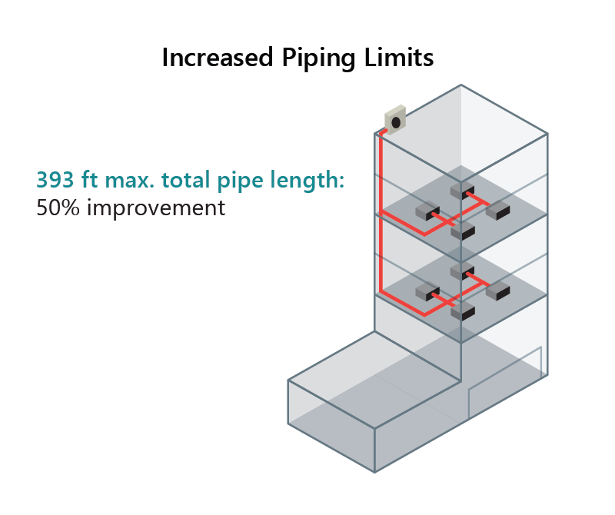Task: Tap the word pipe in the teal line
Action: (238, 180)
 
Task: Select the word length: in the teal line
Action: (307, 180)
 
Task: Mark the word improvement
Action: (156, 208)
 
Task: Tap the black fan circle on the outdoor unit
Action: (397, 121)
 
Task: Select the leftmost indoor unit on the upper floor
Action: (427, 211)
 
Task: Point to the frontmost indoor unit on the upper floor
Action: (462, 230)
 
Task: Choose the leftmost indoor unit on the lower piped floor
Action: (427, 292)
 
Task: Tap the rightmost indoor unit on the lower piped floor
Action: (497, 291)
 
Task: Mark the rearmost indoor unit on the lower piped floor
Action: (461, 271)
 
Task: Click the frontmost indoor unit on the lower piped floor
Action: (462, 311)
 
